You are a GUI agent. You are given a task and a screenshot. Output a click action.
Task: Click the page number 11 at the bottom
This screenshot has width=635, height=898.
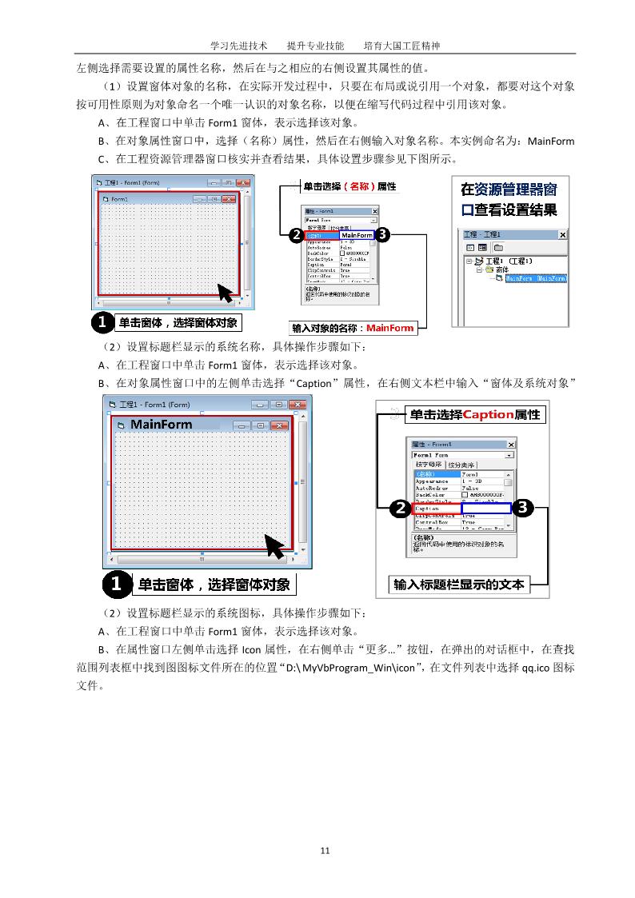325,850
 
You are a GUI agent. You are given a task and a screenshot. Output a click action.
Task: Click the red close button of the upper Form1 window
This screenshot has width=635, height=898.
229,198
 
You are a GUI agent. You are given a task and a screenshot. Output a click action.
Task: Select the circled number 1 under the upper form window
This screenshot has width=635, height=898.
102,323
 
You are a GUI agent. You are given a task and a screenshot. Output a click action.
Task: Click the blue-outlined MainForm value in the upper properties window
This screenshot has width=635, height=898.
357,236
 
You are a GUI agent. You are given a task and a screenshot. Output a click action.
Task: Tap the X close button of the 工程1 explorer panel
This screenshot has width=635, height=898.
562,235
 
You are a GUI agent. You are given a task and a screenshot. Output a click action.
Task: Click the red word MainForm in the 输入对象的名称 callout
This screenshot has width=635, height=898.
390,328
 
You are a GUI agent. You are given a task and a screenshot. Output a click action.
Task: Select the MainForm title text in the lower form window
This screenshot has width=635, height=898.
162,424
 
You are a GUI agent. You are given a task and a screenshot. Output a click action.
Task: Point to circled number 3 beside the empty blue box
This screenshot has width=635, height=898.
523,508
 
